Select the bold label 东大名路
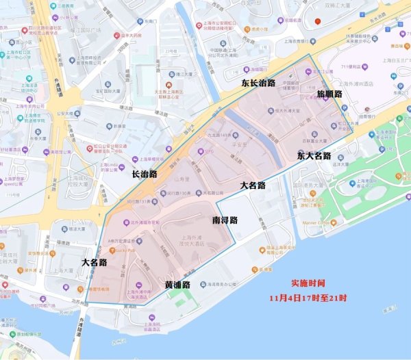click(x=314, y=155)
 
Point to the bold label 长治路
click(x=145, y=174)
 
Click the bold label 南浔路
click(x=224, y=220)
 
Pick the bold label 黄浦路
click(x=177, y=283)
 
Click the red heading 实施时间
click(x=308, y=283)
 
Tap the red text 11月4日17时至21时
click(x=308, y=298)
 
